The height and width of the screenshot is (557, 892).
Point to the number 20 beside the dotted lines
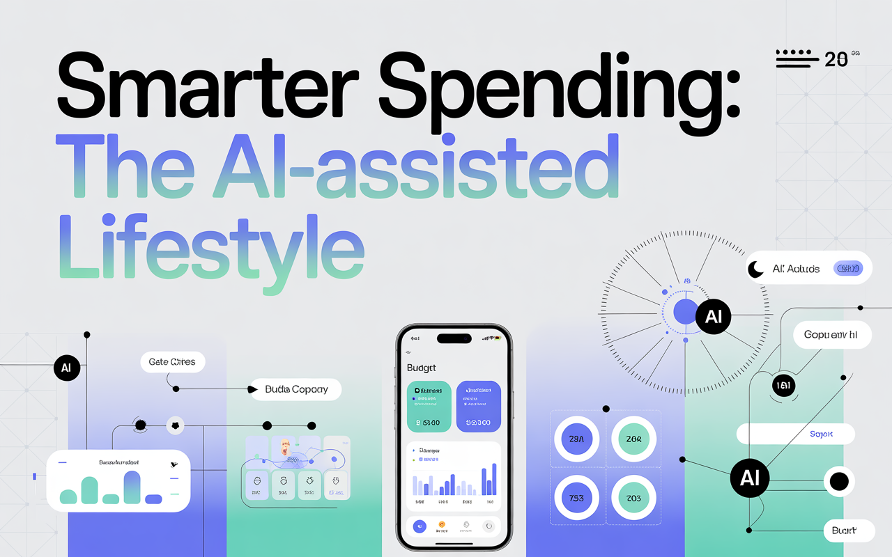click(x=836, y=60)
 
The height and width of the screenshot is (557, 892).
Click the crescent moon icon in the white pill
click(x=756, y=269)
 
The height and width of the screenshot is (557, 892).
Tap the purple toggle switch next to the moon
click(x=848, y=268)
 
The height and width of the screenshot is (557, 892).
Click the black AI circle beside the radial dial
click(x=713, y=317)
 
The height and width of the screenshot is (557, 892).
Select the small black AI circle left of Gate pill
click(x=67, y=368)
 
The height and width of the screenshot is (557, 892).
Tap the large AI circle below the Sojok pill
click(x=750, y=478)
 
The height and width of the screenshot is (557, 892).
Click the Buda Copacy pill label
click(x=296, y=390)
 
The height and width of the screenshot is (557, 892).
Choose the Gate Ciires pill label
click(x=172, y=362)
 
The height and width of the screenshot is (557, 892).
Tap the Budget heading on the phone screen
click(x=421, y=367)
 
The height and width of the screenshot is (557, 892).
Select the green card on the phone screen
click(x=428, y=406)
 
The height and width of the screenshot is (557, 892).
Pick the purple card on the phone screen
click(x=478, y=406)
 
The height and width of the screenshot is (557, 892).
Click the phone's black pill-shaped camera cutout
click(x=454, y=338)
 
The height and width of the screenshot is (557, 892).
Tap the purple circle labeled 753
click(x=576, y=498)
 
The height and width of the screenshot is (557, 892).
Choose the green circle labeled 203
click(x=634, y=498)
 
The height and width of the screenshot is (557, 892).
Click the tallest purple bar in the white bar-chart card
click(x=132, y=487)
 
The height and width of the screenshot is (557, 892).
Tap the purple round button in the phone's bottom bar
click(x=420, y=526)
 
